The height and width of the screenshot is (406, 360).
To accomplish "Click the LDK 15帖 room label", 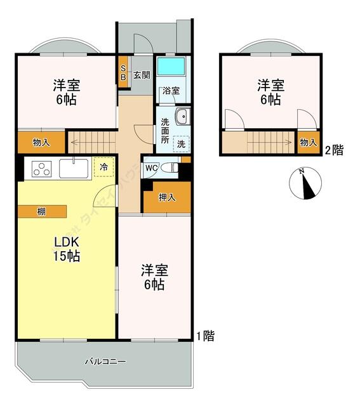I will tap(65, 249).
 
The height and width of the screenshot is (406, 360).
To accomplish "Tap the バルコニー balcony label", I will tap(105, 362).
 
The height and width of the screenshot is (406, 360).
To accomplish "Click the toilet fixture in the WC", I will tap(169, 167).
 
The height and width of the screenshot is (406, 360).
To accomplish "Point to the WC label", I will tap(151, 168).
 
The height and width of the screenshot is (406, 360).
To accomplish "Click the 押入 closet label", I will tap(167, 198).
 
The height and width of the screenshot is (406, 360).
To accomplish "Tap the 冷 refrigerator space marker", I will tap(103, 167).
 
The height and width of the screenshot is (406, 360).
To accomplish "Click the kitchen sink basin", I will tap(75, 169).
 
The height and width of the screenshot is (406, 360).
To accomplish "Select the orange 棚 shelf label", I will tap(41, 212).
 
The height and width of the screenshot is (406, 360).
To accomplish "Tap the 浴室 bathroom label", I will tap(171, 91).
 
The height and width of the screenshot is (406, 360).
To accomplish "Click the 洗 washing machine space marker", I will tap(182, 143).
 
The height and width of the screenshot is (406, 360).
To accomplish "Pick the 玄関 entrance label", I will tap(142, 75).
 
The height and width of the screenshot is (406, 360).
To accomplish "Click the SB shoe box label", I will tap(123, 74).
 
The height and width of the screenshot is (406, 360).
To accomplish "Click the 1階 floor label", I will tap(204, 336).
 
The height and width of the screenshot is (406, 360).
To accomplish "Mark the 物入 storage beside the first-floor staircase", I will tap(41, 143).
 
